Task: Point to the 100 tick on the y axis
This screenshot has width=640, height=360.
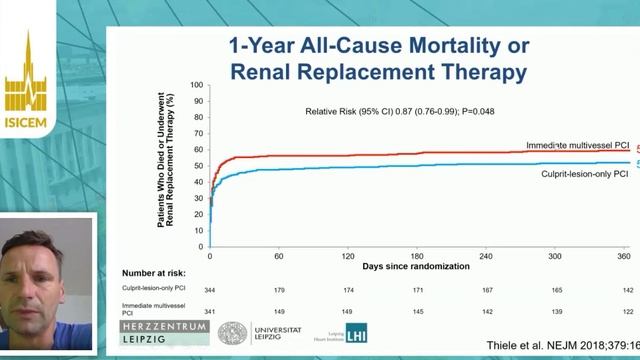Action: click(196, 85)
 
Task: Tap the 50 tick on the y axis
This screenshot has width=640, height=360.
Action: click(198, 165)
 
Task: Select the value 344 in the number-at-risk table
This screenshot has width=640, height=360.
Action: click(210, 289)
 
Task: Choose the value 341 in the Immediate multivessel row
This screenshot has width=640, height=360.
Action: click(210, 310)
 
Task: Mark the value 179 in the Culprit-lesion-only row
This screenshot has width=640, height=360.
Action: click(279, 289)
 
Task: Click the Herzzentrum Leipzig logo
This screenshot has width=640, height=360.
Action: click(165, 333)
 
